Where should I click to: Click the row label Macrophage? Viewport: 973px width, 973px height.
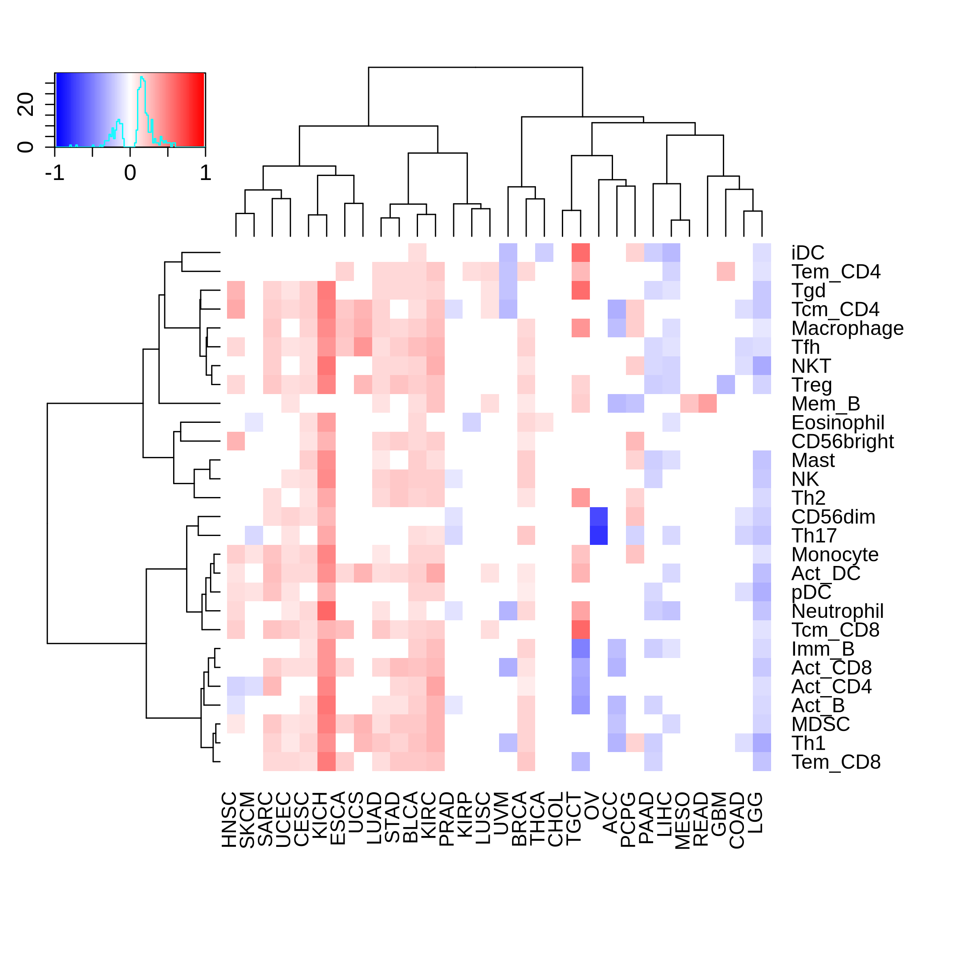pos(847,328)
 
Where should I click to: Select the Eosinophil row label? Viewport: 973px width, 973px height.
pos(838,422)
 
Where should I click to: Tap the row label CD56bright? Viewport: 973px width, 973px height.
pos(842,441)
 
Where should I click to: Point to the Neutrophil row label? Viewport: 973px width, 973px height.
pos(838,611)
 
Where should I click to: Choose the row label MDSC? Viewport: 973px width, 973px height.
pos(821,724)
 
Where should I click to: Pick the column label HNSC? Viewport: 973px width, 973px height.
pos(229,819)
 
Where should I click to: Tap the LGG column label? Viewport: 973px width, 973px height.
pos(755,813)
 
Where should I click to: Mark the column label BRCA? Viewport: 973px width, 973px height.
pos(519,819)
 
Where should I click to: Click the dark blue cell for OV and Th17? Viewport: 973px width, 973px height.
pos(598,535)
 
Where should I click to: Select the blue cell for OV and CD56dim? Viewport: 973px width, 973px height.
pos(598,517)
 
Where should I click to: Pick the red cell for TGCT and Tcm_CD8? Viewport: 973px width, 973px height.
pos(581,630)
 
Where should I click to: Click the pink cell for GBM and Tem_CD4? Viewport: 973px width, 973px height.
pos(726,272)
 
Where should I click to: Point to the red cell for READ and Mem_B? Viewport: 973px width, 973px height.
pos(707,403)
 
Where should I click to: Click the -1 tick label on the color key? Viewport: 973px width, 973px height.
pos(55,173)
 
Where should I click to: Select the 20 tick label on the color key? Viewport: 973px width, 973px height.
pos(26,104)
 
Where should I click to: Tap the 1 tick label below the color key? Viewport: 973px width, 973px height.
pos(205,173)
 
